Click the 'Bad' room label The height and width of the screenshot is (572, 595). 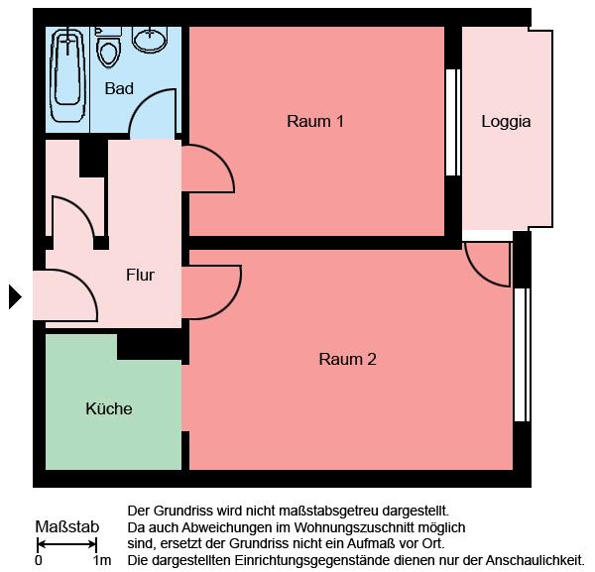[x=119, y=89]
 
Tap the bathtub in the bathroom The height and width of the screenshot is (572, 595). [x=68, y=78]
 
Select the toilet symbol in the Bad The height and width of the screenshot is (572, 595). [x=108, y=45]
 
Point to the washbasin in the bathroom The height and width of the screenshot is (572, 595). [x=150, y=40]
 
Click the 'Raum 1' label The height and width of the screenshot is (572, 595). [x=315, y=122]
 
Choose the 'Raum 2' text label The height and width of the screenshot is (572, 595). [x=347, y=359]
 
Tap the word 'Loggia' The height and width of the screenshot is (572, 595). [x=506, y=122]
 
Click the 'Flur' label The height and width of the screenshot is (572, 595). [x=140, y=275]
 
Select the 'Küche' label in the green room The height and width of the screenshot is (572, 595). [x=109, y=408]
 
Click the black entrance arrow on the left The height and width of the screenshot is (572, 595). [x=14, y=296]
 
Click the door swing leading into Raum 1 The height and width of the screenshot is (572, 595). [x=205, y=169]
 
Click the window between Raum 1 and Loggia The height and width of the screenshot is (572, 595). [x=454, y=122]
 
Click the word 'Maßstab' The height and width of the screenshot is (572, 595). [x=66, y=525]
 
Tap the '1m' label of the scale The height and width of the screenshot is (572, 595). [x=101, y=560]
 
